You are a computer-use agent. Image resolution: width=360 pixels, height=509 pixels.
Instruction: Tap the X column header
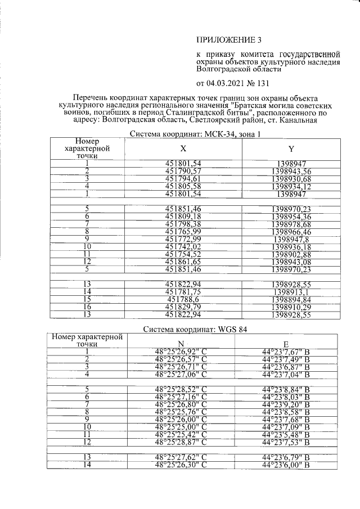[x=183, y=149]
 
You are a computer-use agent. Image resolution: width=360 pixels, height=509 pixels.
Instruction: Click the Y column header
[x=291, y=149]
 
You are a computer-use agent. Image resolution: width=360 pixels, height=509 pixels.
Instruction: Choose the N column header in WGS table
[x=181, y=344]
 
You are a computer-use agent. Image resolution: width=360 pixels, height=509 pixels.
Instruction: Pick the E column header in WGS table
[x=286, y=344]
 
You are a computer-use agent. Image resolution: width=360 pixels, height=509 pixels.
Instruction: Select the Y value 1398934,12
[x=291, y=186]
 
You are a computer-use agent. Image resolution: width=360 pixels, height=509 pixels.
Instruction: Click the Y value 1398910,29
[x=291, y=307]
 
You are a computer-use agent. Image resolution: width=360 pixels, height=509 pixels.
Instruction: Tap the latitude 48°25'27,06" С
[x=181, y=374]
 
